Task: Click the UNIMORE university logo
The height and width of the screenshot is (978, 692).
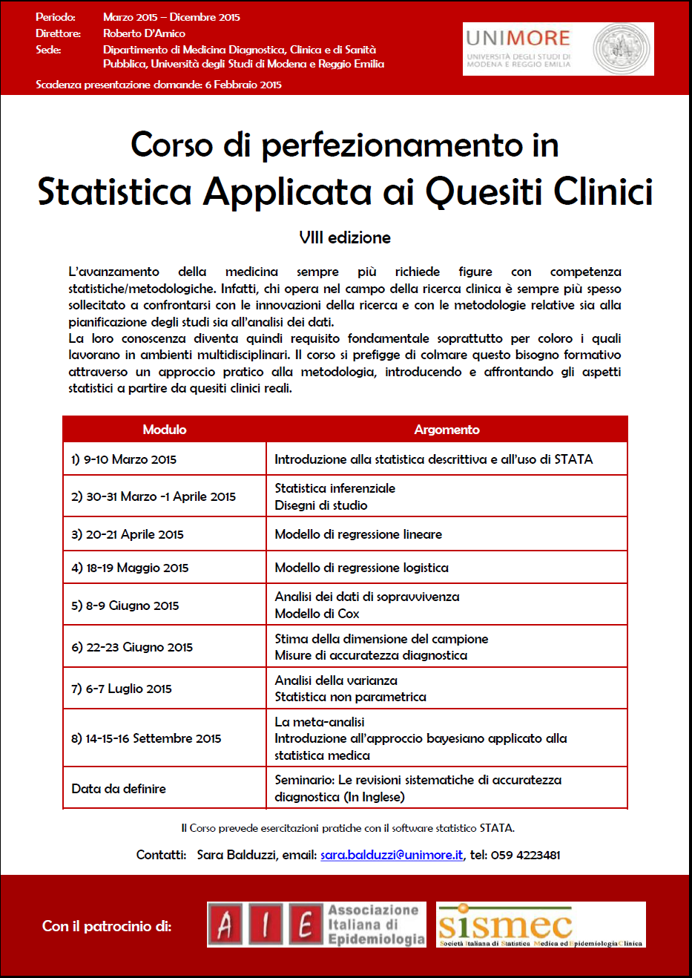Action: point(558,49)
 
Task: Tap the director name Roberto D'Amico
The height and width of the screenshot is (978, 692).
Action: point(144,33)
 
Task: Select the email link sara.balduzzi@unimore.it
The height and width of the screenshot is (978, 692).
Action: point(392,855)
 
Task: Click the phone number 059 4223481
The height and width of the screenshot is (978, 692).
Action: point(525,855)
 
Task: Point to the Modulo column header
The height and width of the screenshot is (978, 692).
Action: point(165,430)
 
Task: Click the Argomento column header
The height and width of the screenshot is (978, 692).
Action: point(446,430)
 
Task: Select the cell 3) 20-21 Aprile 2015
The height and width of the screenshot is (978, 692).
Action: point(128,534)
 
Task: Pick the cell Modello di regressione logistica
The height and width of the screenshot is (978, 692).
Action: point(361,568)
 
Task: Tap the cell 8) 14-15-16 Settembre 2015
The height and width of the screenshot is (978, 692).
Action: point(146,738)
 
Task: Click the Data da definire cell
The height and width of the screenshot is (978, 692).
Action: point(119,789)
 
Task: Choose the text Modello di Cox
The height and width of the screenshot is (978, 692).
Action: point(317,614)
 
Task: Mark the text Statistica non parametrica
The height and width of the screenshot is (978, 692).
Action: point(350,697)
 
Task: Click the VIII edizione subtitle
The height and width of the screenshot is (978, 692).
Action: point(345,237)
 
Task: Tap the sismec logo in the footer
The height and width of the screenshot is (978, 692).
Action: point(541,925)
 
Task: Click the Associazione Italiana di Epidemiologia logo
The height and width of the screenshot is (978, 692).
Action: point(317,925)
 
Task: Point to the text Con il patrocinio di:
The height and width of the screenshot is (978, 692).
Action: point(107,926)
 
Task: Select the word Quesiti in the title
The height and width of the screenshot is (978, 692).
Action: point(485,191)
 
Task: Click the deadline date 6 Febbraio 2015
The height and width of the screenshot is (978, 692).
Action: point(243,85)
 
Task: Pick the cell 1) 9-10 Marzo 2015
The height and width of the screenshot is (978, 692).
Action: point(124,459)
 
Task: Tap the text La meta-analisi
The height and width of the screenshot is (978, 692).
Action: point(320,722)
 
